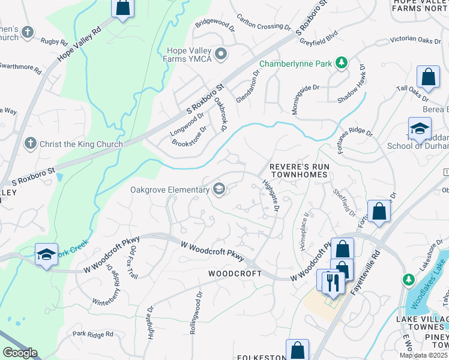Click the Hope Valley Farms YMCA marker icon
221,55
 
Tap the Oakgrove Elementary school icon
219,190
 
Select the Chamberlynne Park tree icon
341,63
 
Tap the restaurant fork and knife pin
332,281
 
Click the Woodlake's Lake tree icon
409,280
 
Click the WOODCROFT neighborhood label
235,274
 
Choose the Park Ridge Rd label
92,334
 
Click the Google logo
20,353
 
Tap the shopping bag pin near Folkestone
297,349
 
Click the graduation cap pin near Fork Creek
46,254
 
